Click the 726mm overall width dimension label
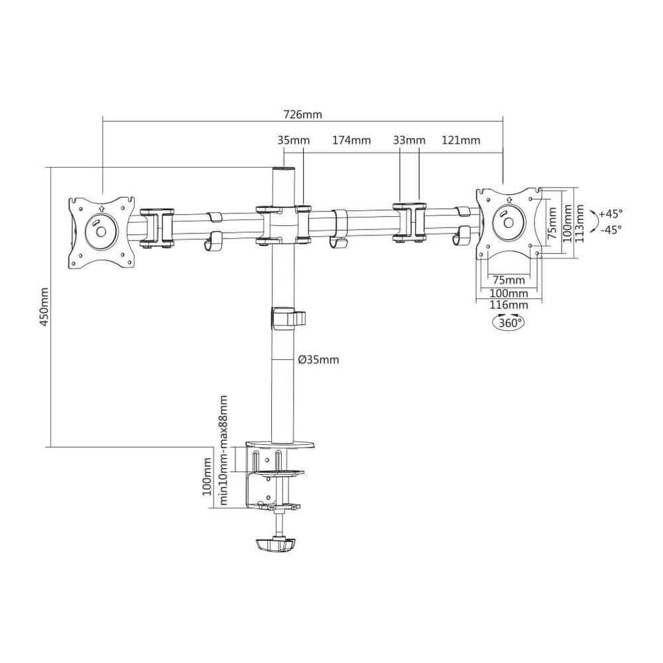point(302,114)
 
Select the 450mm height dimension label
point(44,310)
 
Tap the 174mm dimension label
point(351,141)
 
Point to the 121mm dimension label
point(460,141)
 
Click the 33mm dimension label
point(409,141)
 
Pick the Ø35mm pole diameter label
point(318,360)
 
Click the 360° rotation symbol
point(508,323)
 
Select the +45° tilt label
point(610,213)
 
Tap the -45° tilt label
point(610,229)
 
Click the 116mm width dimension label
point(509,304)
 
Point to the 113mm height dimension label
point(579,223)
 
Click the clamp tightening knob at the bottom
point(273,545)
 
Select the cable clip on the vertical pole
point(288,318)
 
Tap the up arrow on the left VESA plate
point(101,206)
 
